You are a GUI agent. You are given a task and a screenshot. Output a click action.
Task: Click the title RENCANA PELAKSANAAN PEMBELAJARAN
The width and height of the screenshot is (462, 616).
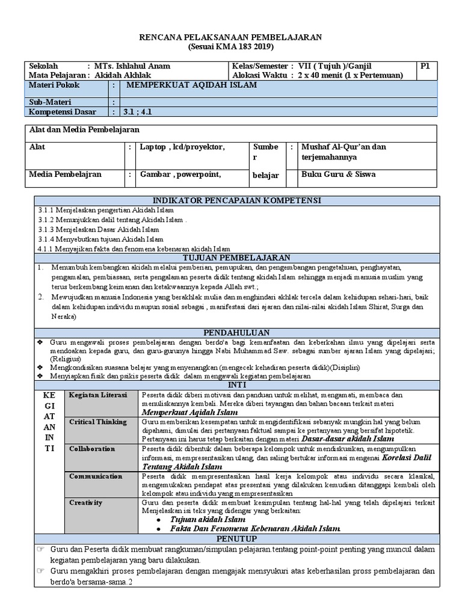coord(230,37)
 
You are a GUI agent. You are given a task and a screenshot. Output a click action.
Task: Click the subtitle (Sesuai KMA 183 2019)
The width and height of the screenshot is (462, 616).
coord(230,46)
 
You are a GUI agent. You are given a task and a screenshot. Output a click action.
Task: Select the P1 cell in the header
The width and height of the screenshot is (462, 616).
coord(426,66)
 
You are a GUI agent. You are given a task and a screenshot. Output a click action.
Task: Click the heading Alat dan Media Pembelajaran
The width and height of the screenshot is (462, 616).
coord(85,129)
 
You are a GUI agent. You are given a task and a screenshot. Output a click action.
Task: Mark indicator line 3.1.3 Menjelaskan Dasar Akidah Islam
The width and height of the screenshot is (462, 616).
coord(99,229)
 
